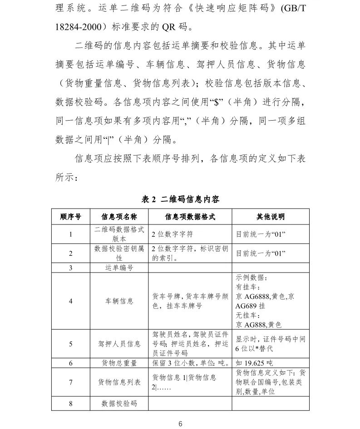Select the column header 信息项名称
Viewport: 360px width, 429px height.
[x=119, y=217]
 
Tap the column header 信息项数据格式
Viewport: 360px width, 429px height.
[x=190, y=217]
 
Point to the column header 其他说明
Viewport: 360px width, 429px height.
[x=271, y=217]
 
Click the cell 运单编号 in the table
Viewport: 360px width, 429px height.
[x=119, y=268]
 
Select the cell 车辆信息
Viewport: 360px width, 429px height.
[x=119, y=301]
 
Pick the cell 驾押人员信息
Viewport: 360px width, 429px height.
[x=119, y=344]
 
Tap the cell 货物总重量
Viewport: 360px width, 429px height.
[x=119, y=363]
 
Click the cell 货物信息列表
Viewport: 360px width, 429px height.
[x=119, y=382]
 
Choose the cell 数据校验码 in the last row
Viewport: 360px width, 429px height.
[x=119, y=403]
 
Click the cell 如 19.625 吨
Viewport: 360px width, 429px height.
[x=254, y=363]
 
